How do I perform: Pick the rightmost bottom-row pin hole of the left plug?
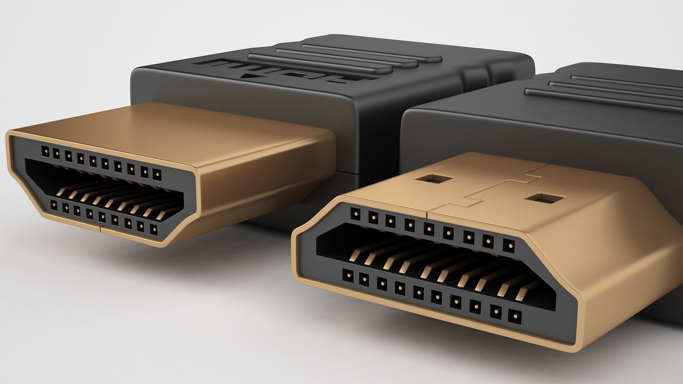click(154, 230)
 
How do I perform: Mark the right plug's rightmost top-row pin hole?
click(509, 245)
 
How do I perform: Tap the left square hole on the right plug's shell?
click(431, 178)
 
